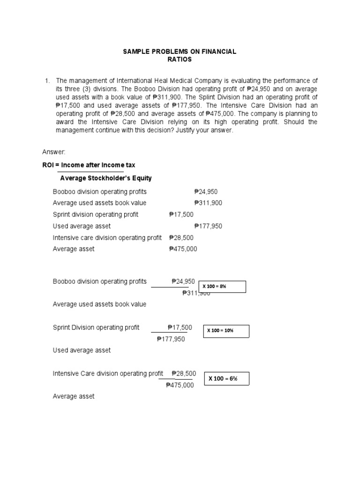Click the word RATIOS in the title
180,60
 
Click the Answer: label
54,152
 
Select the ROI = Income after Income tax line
89,165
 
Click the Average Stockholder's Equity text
106,178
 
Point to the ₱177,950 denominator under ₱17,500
171,339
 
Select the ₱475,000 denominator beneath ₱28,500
180,385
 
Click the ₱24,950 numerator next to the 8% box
183,281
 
